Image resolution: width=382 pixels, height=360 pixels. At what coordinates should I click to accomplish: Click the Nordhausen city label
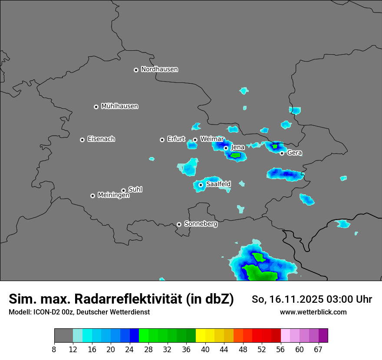pyautogui.click(x=159, y=69)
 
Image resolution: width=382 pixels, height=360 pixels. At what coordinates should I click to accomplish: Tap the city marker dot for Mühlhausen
pyautogui.click(x=96, y=107)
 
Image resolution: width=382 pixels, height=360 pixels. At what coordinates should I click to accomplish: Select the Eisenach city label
pyautogui.click(x=101, y=139)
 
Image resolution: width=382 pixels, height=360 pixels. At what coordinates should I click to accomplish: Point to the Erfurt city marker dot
pyautogui.click(x=162, y=140)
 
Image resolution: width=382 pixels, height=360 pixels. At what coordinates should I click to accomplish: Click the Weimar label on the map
pyautogui.click(x=212, y=139)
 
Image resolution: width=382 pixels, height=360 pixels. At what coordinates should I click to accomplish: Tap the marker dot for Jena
pyautogui.click(x=226, y=148)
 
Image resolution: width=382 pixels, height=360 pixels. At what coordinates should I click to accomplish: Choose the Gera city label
pyautogui.click(x=294, y=153)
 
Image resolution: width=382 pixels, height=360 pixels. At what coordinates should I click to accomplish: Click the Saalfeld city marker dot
pyautogui.click(x=201, y=185)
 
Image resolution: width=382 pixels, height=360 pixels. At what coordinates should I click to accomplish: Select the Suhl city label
pyautogui.click(x=135, y=190)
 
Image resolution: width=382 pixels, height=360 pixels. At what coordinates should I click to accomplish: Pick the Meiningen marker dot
pyautogui.click(x=92, y=196)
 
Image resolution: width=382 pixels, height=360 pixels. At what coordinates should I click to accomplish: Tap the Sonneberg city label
pyautogui.click(x=201, y=224)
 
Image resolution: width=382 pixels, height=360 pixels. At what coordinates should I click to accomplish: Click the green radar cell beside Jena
pyautogui.click(x=236, y=155)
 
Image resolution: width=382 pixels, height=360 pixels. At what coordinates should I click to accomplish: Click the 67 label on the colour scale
pyautogui.click(x=318, y=349)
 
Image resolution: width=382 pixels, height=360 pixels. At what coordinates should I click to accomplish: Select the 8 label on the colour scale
pyautogui.click(x=54, y=349)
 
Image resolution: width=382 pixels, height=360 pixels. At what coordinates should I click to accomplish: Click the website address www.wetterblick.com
pyautogui.click(x=313, y=312)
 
